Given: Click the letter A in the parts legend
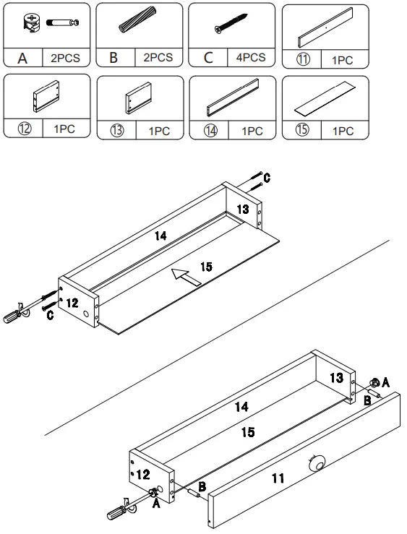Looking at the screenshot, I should (22, 58).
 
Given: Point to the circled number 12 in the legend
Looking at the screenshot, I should (23, 129).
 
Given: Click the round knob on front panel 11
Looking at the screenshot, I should (315, 463).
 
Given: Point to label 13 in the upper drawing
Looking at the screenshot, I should (243, 209).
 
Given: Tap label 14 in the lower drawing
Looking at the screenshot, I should (241, 408).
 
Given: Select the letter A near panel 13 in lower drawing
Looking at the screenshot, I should (386, 381).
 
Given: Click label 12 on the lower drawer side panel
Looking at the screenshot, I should (143, 474).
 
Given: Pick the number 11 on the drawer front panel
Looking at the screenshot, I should (278, 478).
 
